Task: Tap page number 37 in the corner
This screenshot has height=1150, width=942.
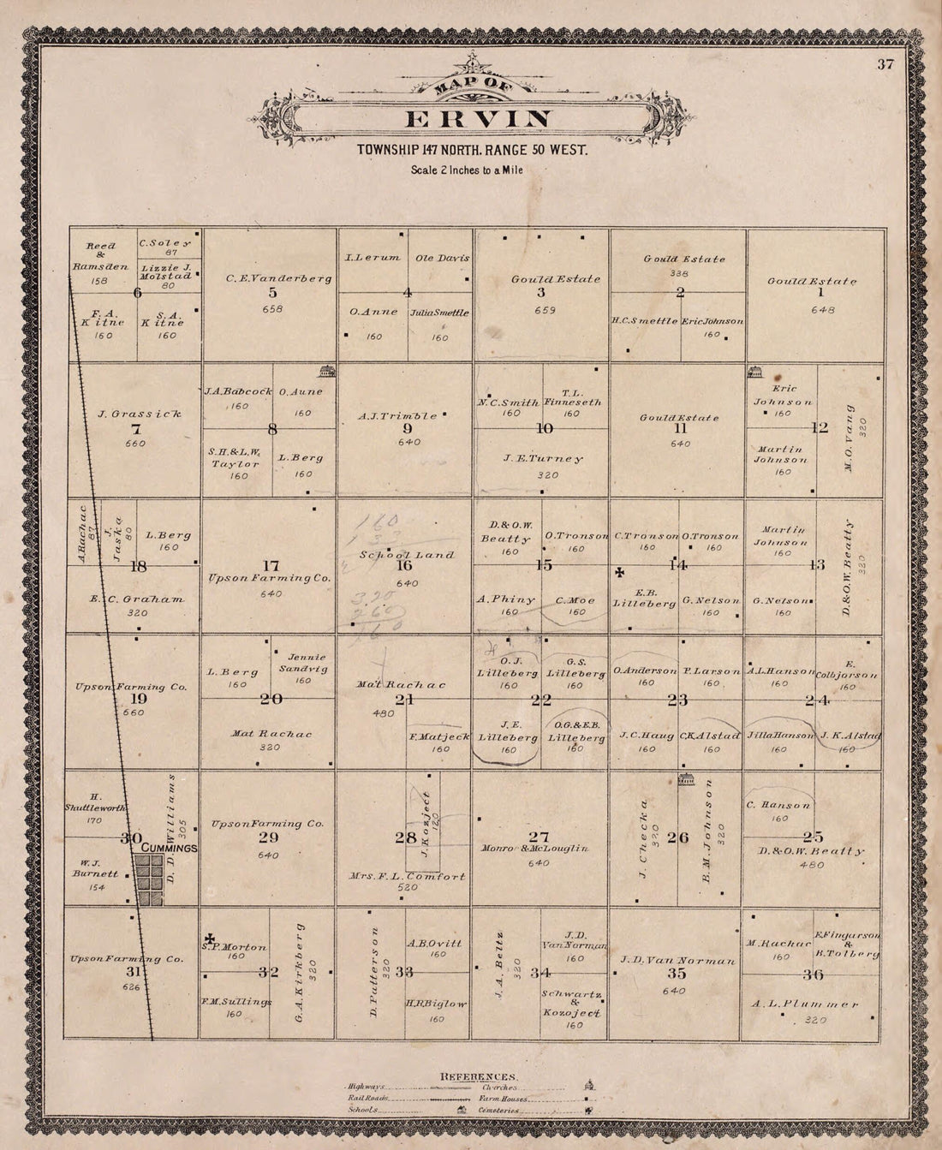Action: (885, 65)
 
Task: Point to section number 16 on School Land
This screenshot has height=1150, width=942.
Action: (404, 565)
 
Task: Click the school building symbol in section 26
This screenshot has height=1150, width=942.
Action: (684, 780)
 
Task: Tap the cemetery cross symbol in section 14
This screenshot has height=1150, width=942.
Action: (621, 571)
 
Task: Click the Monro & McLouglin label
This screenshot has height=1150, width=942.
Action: (537, 848)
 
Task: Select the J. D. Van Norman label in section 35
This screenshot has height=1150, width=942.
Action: (677, 961)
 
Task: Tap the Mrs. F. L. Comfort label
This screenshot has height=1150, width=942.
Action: (408, 876)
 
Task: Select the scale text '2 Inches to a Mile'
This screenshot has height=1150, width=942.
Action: (467, 170)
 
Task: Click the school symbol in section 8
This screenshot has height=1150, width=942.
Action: (325, 371)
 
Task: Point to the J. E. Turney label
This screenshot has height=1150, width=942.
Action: (543, 458)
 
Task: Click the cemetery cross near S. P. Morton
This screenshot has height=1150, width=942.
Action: (209, 938)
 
